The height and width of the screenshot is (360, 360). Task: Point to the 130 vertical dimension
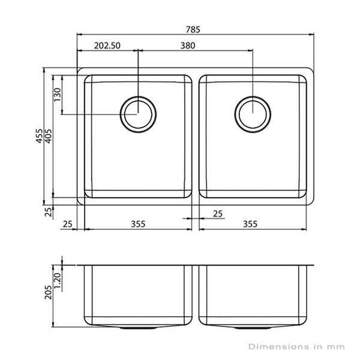(x=58, y=95)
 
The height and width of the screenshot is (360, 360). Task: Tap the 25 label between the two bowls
(x=218, y=214)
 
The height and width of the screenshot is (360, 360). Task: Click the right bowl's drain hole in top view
(x=252, y=113)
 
